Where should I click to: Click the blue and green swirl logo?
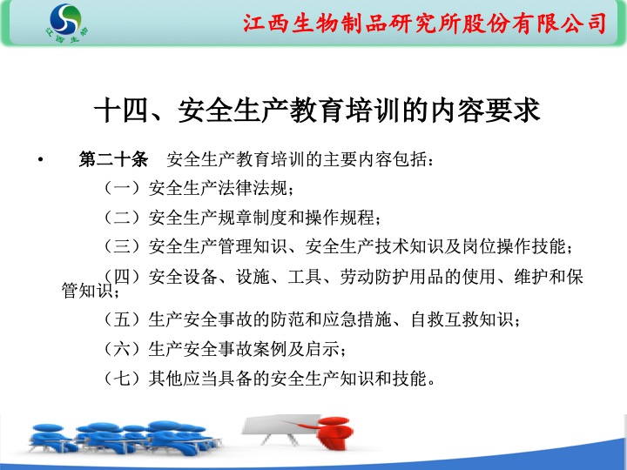point(65,19)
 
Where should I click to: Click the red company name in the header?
point(425,23)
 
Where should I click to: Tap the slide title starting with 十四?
point(317,110)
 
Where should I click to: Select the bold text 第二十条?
point(113,159)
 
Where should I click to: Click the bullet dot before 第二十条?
point(40,160)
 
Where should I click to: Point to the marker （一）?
point(122,187)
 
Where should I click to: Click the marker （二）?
point(122,217)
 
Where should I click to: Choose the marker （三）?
point(122,246)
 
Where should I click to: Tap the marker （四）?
point(122,276)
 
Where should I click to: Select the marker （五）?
point(122,319)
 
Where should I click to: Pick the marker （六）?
point(122,349)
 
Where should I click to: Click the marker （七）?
point(122,378)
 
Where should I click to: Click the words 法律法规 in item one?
point(253,188)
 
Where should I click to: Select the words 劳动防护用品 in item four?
point(392,277)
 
